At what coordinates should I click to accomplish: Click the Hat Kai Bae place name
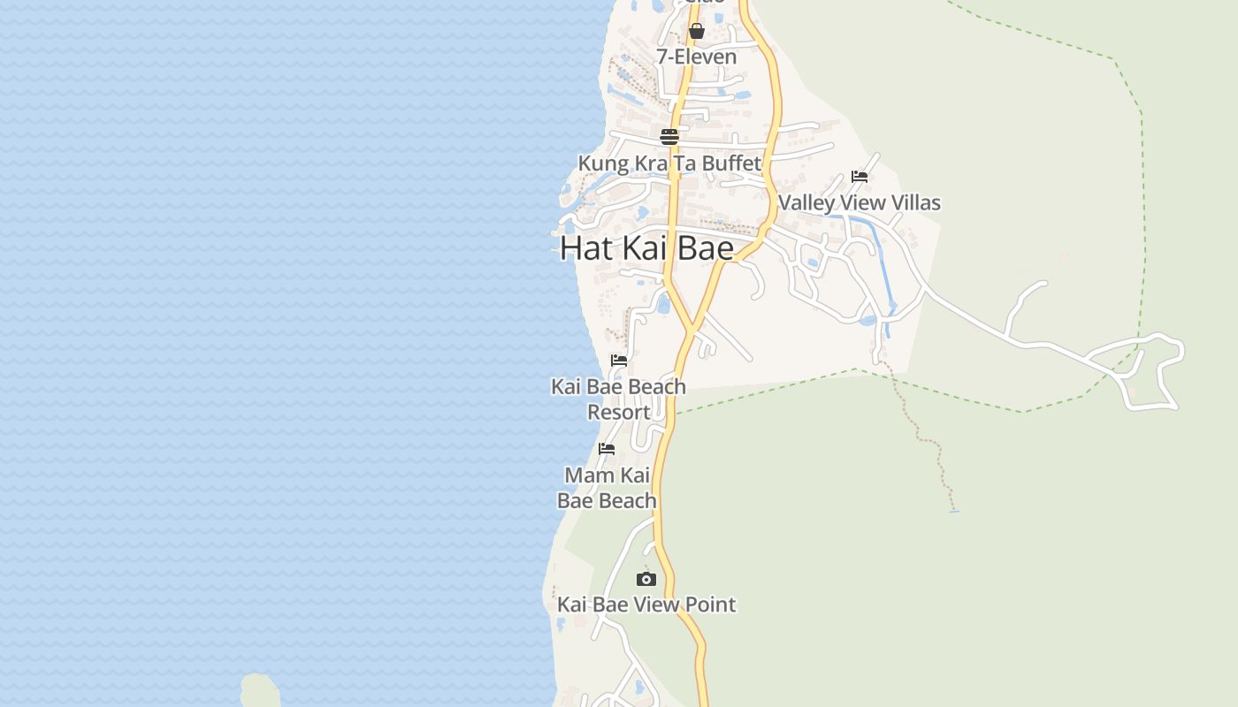click(x=647, y=248)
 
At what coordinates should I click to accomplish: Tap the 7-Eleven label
click(x=696, y=57)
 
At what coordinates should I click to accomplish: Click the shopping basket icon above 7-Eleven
click(x=696, y=32)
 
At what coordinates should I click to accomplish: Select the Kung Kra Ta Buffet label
click(x=669, y=163)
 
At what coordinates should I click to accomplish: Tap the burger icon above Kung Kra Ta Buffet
click(x=669, y=137)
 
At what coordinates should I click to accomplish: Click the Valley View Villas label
click(x=860, y=202)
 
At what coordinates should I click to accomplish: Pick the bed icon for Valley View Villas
click(x=860, y=177)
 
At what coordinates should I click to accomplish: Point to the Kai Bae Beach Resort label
click(x=619, y=399)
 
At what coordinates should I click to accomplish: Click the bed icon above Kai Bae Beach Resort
click(x=619, y=361)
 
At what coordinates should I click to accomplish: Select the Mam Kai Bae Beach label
click(x=607, y=488)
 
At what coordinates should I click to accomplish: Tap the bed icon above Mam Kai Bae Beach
click(x=607, y=449)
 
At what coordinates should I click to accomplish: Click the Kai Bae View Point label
click(x=646, y=604)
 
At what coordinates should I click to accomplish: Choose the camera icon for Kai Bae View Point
click(x=646, y=580)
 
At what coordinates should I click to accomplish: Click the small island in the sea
click(x=259, y=690)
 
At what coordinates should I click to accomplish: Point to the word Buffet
click(x=730, y=163)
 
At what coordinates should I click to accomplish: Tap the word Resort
click(x=619, y=413)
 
